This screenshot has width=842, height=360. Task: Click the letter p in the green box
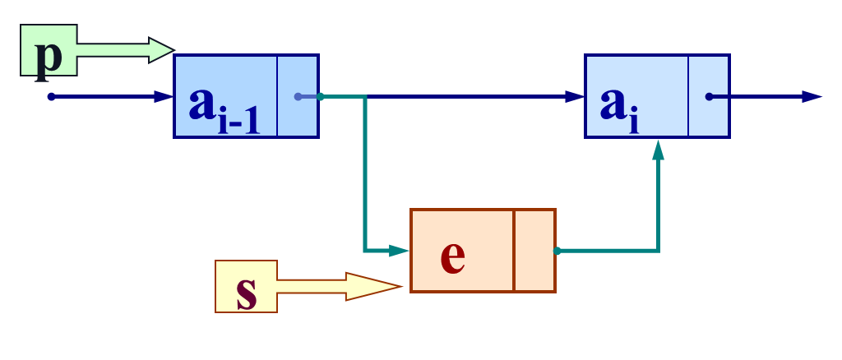tap(49, 54)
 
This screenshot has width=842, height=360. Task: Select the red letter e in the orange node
tap(452, 256)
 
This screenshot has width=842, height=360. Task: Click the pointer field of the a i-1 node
tap(297, 96)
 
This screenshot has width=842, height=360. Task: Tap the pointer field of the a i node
tap(708, 96)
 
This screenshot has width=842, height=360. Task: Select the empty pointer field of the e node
tap(534, 251)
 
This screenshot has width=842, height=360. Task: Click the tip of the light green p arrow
tap(171, 50)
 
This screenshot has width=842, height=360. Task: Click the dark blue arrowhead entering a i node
tap(576, 97)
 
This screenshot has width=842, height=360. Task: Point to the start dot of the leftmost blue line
tap(51, 97)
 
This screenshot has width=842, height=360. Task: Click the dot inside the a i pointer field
tap(709, 97)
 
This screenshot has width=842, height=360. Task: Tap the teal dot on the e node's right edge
tap(557, 251)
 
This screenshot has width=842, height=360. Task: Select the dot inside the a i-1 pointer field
tap(298, 97)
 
